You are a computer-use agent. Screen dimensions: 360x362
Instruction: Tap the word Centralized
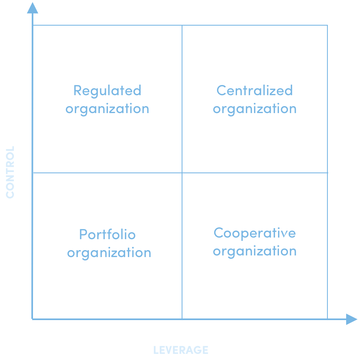(x=255, y=90)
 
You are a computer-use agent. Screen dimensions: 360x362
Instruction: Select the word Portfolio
(x=107, y=234)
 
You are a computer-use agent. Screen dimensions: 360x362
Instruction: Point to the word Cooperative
(x=255, y=233)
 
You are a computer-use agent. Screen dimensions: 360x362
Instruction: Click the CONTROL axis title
(x=10, y=172)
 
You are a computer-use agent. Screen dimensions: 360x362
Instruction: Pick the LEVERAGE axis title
(x=181, y=350)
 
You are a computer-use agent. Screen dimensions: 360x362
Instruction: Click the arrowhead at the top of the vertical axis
(x=32, y=8)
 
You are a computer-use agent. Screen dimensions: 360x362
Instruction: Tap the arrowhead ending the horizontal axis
(x=352, y=319)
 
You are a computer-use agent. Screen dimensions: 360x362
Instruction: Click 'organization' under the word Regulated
(x=107, y=109)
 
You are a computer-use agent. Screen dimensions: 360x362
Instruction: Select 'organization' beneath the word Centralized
(x=255, y=109)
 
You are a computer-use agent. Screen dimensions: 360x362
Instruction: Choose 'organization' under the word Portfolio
(x=109, y=253)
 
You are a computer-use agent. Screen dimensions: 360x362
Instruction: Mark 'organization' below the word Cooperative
(x=255, y=251)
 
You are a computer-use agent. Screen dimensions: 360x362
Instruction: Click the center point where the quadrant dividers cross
(x=182, y=173)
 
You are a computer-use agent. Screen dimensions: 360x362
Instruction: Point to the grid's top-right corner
(x=327, y=25)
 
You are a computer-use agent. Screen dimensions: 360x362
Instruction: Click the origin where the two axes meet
(x=32, y=319)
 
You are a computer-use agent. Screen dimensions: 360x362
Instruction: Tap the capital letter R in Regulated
(x=78, y=90)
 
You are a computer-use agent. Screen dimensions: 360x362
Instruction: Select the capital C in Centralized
(x=222, y=90)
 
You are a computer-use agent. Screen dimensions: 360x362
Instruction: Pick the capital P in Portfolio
(x=83, y=234)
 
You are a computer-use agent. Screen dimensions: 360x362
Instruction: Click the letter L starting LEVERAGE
(x=156, y=350)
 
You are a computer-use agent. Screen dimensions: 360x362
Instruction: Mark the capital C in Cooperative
(x=219, y=233)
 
